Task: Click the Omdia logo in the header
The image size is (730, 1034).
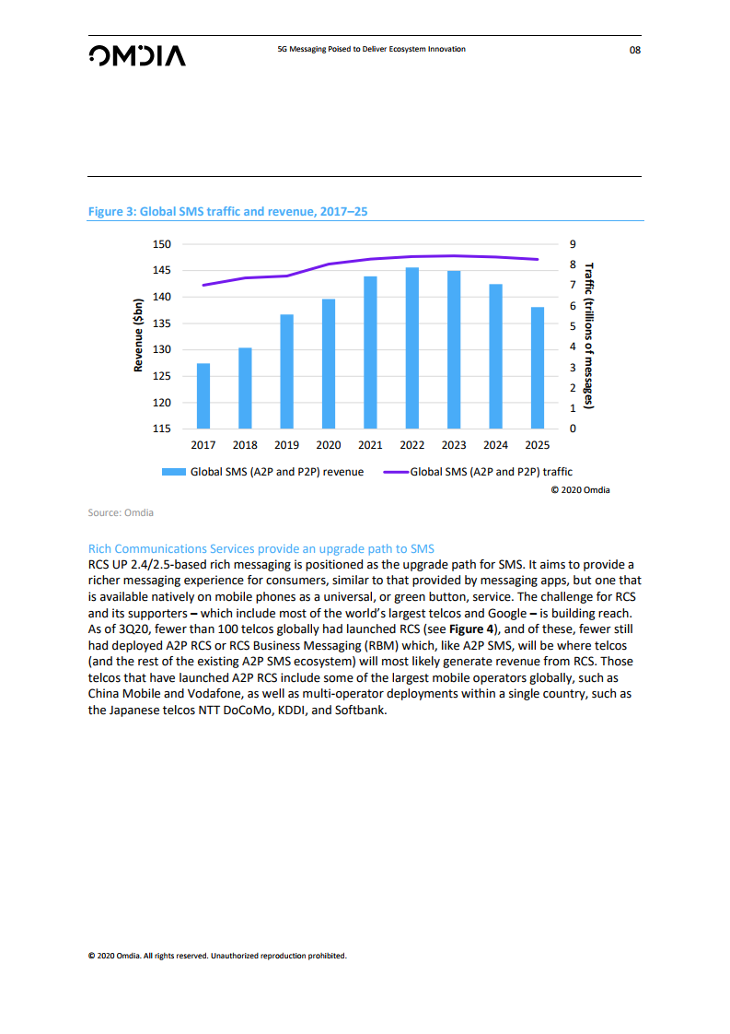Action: coord(136,55)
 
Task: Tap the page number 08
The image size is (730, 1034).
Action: coord(634,50)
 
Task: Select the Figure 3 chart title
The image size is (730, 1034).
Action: coord(227,211)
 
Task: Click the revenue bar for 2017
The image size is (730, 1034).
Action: coord(203,396)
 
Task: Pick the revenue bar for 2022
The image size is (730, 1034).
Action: coord(412,348)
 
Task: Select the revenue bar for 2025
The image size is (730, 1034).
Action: coord(538,368)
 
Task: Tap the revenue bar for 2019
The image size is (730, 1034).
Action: coord(287,371)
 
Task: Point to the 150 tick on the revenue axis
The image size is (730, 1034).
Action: coord(162,244)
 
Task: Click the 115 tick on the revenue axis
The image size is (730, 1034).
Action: coord(162,429)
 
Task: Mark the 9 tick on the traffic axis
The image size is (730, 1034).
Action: coord(573,244)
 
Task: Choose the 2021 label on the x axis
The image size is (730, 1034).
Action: coord(370,445)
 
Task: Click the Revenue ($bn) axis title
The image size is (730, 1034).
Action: coord(139,335)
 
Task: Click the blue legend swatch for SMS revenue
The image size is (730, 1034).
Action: coord(174,472)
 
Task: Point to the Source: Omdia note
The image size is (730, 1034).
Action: coord(121,512)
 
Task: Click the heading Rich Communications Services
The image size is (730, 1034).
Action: coord(261,548)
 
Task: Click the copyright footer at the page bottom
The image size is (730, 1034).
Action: coord(216,956)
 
